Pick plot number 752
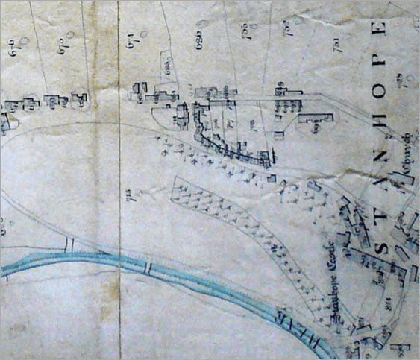tap(286, 30)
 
